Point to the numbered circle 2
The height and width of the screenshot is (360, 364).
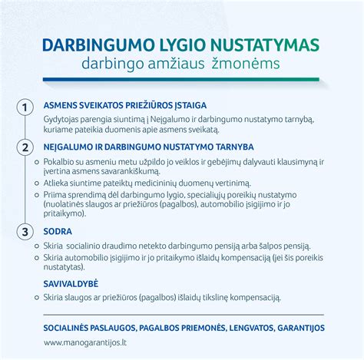click(26, 146)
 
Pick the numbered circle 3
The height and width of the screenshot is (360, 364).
click(26, 230)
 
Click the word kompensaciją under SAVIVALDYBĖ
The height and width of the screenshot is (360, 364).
click(258, 297)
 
